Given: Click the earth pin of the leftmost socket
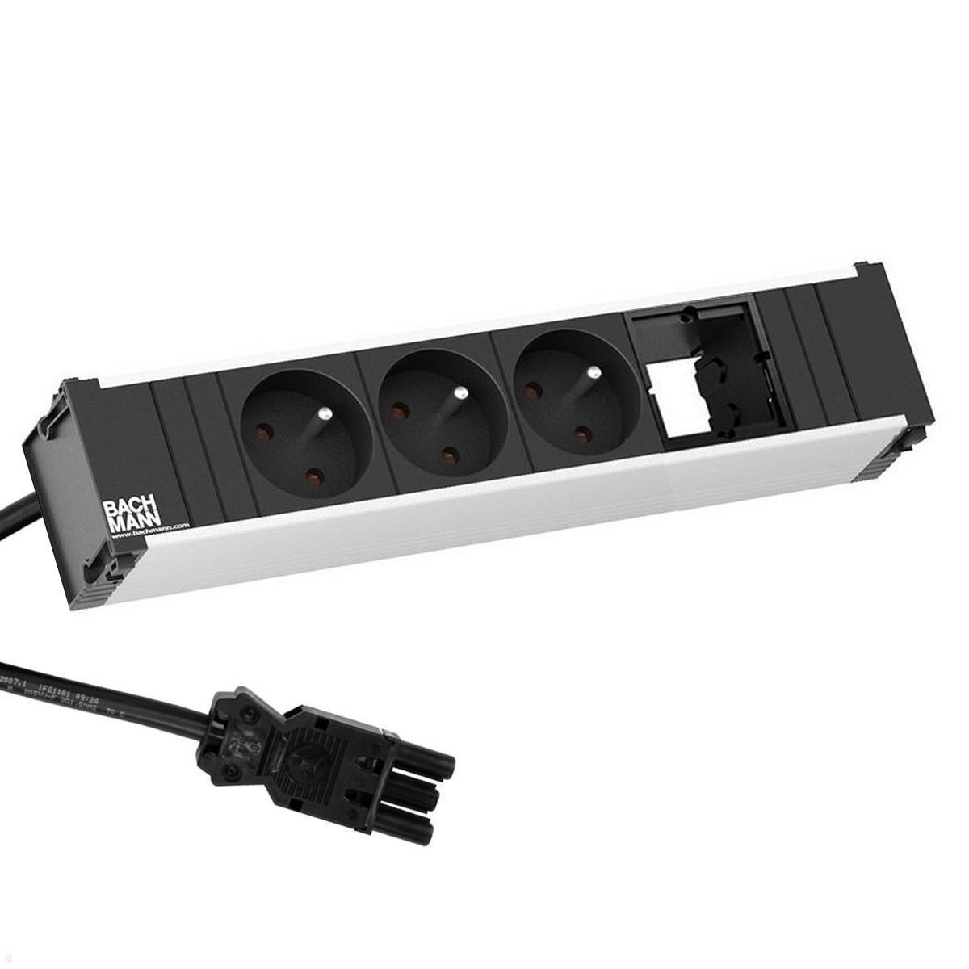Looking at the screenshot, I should point(321,415).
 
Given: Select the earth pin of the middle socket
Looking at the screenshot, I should point(458,395).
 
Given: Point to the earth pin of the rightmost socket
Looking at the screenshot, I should point(593,375).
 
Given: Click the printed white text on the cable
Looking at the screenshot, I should point(81,686).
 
